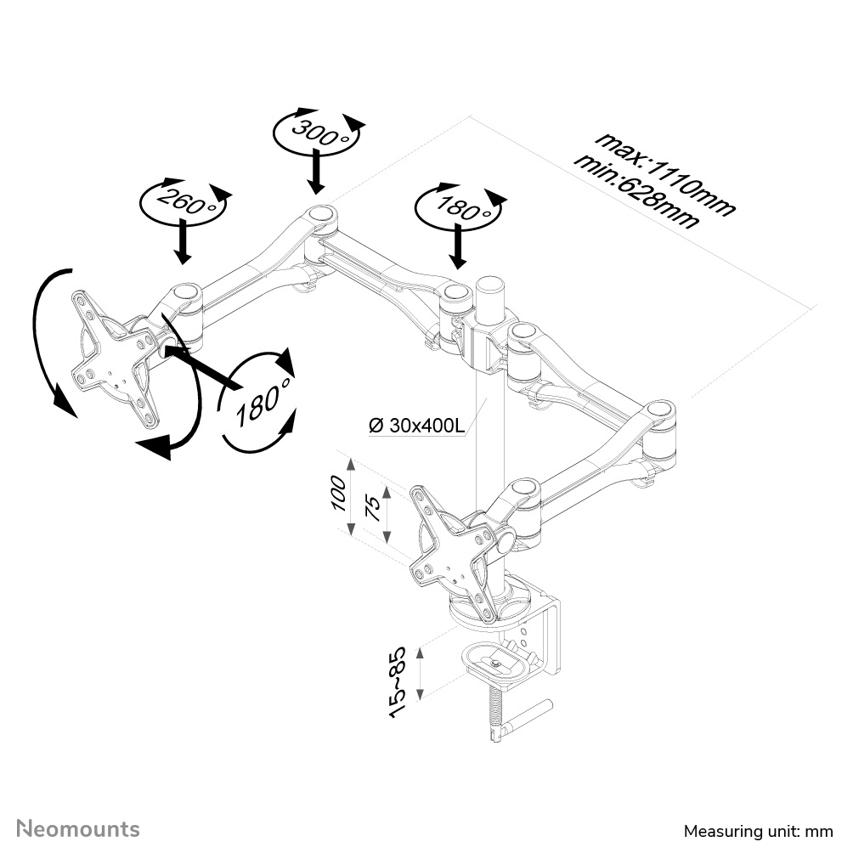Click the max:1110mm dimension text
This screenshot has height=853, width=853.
pos(664,172)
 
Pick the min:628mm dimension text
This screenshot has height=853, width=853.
pos(637,191)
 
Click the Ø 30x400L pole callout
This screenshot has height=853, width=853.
pos(416,425)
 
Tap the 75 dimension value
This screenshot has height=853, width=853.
pos(372,508)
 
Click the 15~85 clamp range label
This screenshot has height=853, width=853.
pos(398,680)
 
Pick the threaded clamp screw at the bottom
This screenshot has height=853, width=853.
pos(494,714)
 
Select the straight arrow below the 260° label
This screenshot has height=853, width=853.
pos(182,242)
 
